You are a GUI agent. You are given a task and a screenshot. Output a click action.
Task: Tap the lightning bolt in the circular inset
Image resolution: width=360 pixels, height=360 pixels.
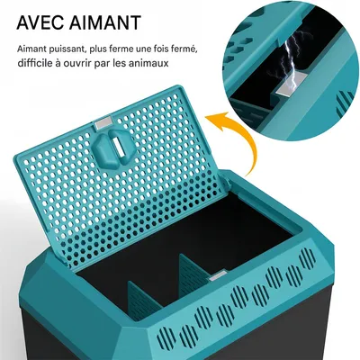coord(289,61)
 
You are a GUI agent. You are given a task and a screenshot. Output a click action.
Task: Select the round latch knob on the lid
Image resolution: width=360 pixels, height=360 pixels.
coord(111,146)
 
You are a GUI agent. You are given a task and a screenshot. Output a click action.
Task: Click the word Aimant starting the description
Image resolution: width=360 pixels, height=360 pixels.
coord(30,48)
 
